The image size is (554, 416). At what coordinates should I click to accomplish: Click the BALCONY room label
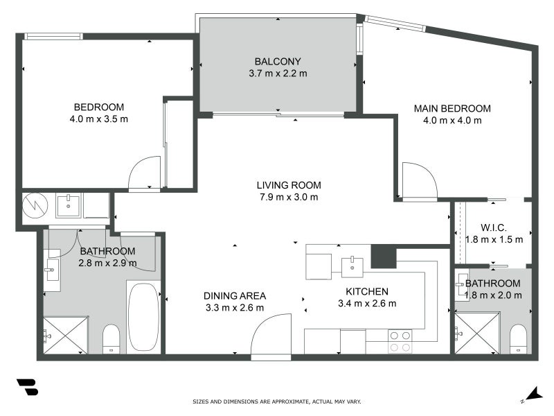(x=277, y=60)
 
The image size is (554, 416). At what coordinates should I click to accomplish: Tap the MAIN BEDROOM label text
(x=452, y=109)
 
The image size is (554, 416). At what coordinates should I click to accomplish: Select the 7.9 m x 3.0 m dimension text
(x=288, y=197)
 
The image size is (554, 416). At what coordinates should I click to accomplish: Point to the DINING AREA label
(x=235, y=295)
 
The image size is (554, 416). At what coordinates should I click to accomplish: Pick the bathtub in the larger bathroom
(x=143, y=317)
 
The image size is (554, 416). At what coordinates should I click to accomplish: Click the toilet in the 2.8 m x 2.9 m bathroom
(x=111, y=339)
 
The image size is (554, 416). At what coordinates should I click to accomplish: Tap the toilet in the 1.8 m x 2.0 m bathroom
(x=519, y=338)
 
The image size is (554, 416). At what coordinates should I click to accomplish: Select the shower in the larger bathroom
(x=66, y=335)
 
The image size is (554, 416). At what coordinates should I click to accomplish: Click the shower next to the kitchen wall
(x=477, y=333)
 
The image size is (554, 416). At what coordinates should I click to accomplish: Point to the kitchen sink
(x=353, y=264)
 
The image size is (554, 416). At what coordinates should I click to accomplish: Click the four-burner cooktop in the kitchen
(x=400, y=341)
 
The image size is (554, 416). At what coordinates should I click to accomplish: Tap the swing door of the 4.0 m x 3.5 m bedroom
(x=145, y=173)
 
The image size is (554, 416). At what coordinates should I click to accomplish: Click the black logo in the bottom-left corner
(x=27, y=387)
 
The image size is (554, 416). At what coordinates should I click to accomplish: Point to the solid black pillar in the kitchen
(x=383, y=257)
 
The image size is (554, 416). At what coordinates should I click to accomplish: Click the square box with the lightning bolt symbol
(x=33, y=205)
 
